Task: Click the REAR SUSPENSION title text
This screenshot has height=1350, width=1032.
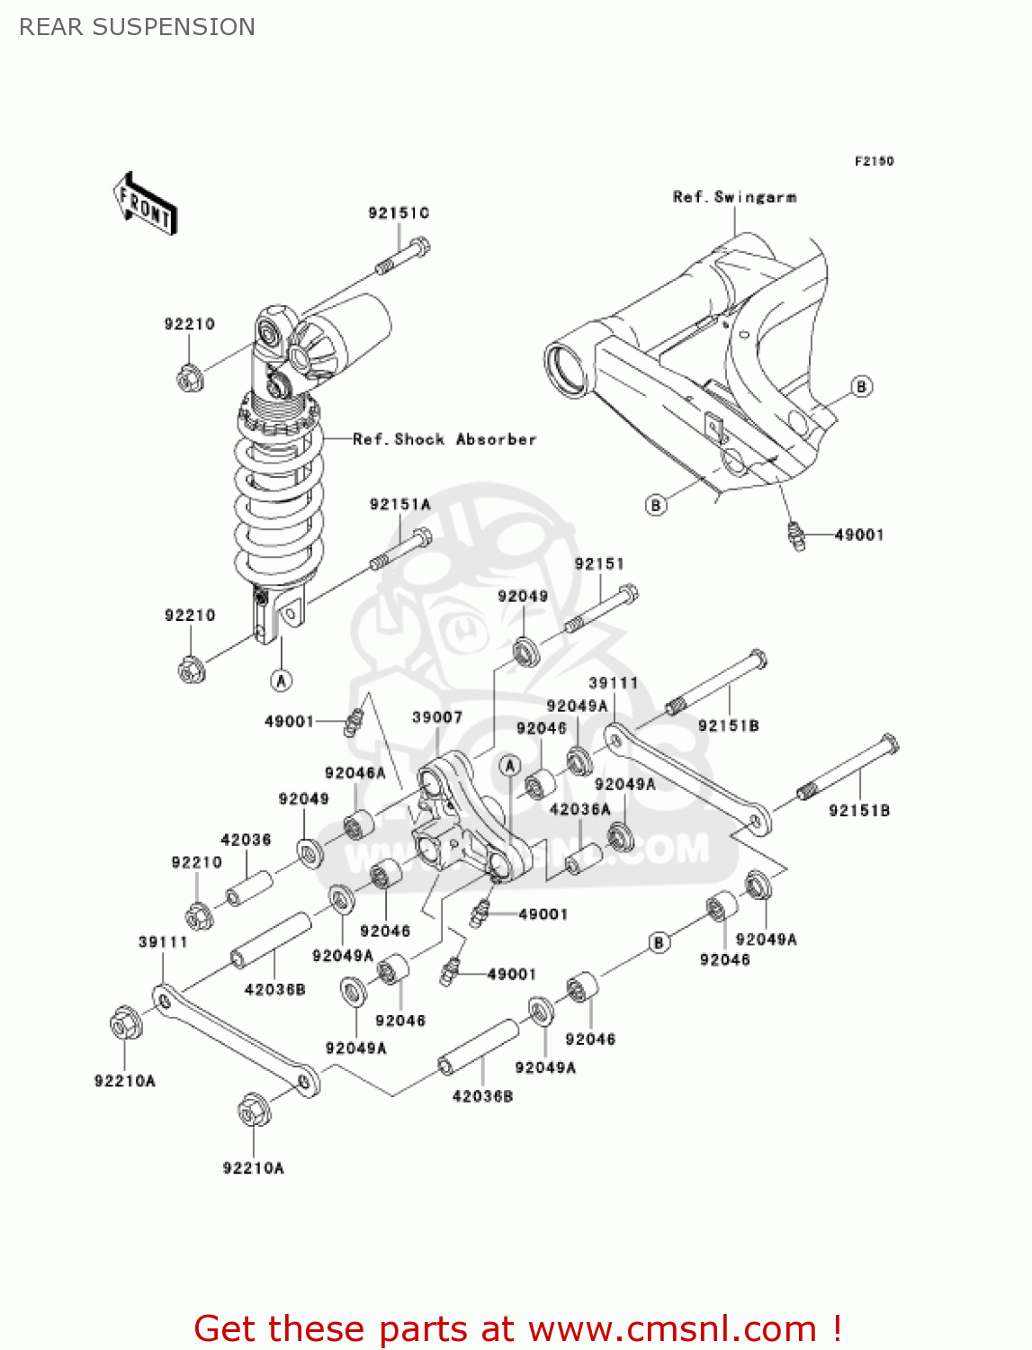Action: [137, 27]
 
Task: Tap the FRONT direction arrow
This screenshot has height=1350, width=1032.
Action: [145, 204]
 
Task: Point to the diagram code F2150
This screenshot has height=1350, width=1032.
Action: [874, 161]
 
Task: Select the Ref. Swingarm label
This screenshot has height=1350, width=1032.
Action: [734, 197]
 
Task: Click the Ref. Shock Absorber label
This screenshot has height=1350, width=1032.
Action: [444, 439]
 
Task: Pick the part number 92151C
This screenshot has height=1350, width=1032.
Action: [399, 213]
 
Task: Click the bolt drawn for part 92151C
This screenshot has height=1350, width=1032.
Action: [402, 256]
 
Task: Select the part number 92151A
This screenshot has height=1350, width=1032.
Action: [399, 505]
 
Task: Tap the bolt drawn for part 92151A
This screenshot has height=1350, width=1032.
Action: [401, 550]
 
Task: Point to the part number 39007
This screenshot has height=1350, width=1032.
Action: [437, 717]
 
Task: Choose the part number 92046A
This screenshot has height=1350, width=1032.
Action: [354, 773]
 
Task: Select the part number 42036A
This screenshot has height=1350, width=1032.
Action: [579, 809]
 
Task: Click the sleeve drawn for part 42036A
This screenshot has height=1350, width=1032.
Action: [582, 859]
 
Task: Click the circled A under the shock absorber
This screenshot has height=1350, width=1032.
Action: [282, 680]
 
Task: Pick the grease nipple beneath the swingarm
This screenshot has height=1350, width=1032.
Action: [795, 535]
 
